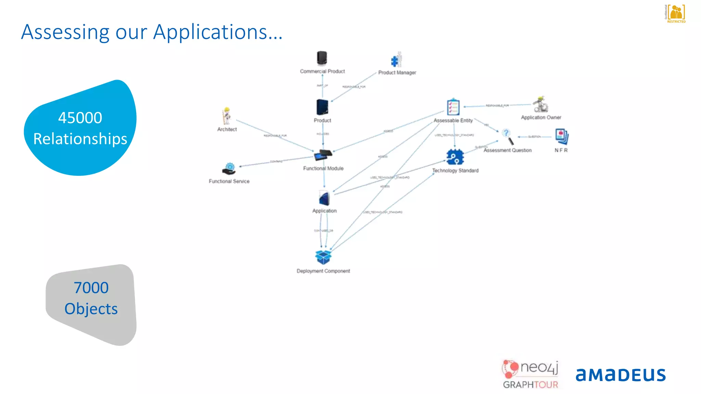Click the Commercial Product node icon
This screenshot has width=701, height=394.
[x=322, y=58]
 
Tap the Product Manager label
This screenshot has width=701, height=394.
[x=397, y=73]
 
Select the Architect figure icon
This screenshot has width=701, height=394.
[x=226, y=116]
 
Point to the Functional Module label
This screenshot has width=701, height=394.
[x=323, y=168]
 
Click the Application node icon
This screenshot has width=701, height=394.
[x=324, y=198]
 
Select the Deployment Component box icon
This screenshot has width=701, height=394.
[x=323, y=257]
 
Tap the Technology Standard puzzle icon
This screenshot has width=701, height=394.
[x=455, y=157]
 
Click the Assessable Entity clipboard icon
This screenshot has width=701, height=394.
[x=453, y=107]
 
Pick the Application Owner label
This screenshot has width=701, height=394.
[x=541, y=117]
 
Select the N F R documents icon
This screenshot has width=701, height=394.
[x=562, y=136]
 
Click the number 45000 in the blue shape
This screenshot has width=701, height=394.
[x=80, y=118]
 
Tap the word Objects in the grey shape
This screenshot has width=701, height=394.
[x=91, y=309]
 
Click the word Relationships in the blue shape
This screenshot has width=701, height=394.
[x=80, y=139]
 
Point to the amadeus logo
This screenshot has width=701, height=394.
[x=621, y=375]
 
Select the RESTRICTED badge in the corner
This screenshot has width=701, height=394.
[x=676, y=14]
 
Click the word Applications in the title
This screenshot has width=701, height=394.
[x=210, y=32]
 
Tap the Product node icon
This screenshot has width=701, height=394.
[x=322, y=107]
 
